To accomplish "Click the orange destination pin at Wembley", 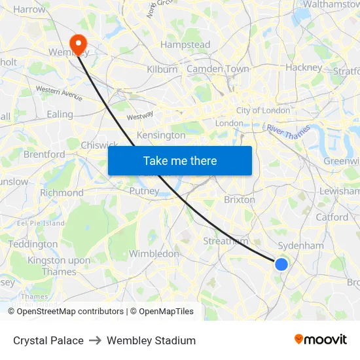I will [x=79, y=44].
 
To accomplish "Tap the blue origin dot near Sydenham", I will [x=281, y=264].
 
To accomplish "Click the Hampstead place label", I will [x=185, y=45].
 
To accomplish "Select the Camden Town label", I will [x=218, y=69].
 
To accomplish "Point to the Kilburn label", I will [x=162, y=69].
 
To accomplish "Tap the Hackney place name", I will [x=304, y=67].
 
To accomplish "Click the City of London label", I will [x=263, y=111].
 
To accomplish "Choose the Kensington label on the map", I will [x=161, y=135].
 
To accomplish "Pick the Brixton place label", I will [x=240, y=199].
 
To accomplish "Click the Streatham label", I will [x=225, y=241].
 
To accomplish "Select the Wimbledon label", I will [x=154, y=253].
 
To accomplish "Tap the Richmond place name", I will [x=62, y=192].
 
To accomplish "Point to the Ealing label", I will [x=60, y=114].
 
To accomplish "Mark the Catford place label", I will [x=332, y=217].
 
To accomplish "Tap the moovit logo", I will [x=320, y=339].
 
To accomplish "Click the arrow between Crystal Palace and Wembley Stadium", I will [x=95, y=340].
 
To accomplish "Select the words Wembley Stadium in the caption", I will [x=151, y=340].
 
